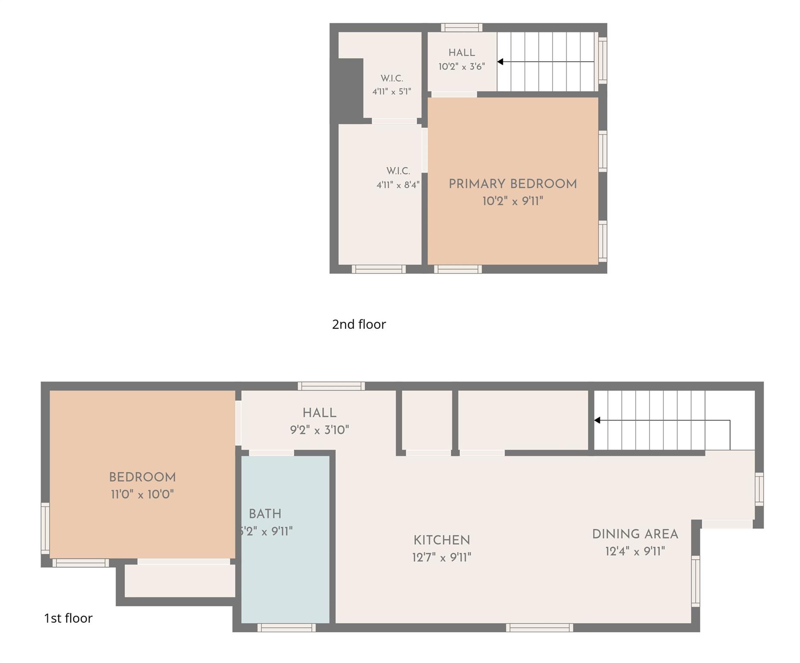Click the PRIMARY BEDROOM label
512,184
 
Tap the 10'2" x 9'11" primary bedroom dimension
512,201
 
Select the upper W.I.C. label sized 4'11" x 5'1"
392,79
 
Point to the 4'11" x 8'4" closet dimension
398,185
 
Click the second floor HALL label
461,53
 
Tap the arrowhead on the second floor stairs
500,62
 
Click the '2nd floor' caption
359,324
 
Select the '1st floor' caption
68,618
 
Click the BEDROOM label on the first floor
142,477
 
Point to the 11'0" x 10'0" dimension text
142,494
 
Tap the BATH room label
265,514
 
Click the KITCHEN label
442,540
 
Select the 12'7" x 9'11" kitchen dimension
442,557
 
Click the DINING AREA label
635,534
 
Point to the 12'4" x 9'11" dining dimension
635,551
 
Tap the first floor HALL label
319,413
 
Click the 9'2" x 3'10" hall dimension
319,430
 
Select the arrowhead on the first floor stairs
597,420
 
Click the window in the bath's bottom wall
286,628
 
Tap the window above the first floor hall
331,386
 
